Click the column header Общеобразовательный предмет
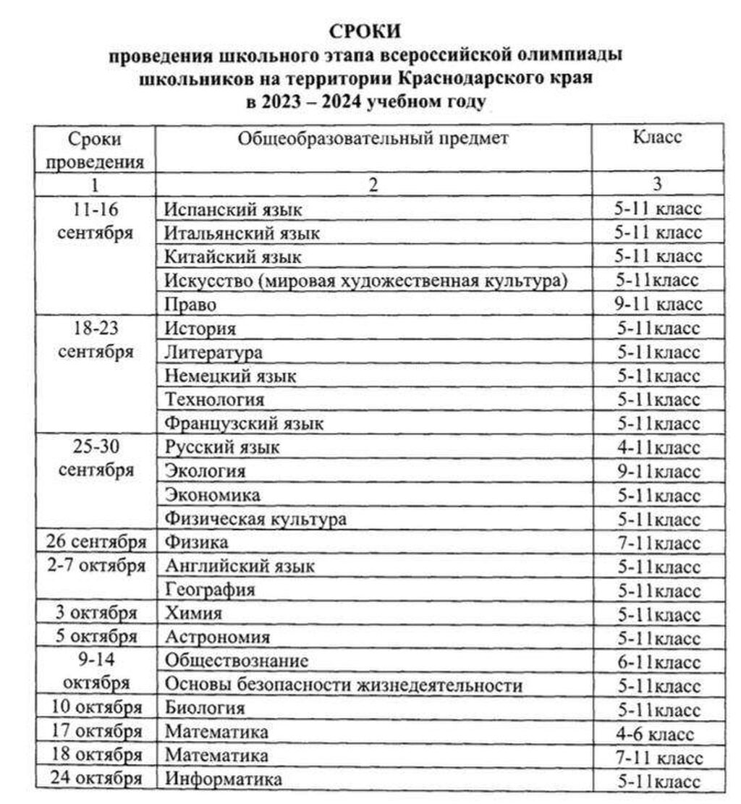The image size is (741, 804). click(x=373, y=138)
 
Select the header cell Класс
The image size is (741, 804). click(x=657, y=137)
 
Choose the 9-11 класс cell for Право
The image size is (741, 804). click(x=657, y=304)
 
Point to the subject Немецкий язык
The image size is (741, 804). click(x=230, y=376)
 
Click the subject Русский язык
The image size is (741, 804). click(x=221, y=447)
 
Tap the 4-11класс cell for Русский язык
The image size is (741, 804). click(x=657, y=447)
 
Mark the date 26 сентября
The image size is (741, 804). click(x=96, y=541)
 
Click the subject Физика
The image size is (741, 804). click(x=196, y=541)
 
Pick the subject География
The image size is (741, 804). click(x=210, y=590)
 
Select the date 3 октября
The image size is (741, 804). click(x=96, y=613)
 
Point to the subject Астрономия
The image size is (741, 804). click(x=217, y=638)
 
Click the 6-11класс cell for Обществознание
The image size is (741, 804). click(x=657, y=661)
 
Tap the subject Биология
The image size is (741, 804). click(x=205, y=708)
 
